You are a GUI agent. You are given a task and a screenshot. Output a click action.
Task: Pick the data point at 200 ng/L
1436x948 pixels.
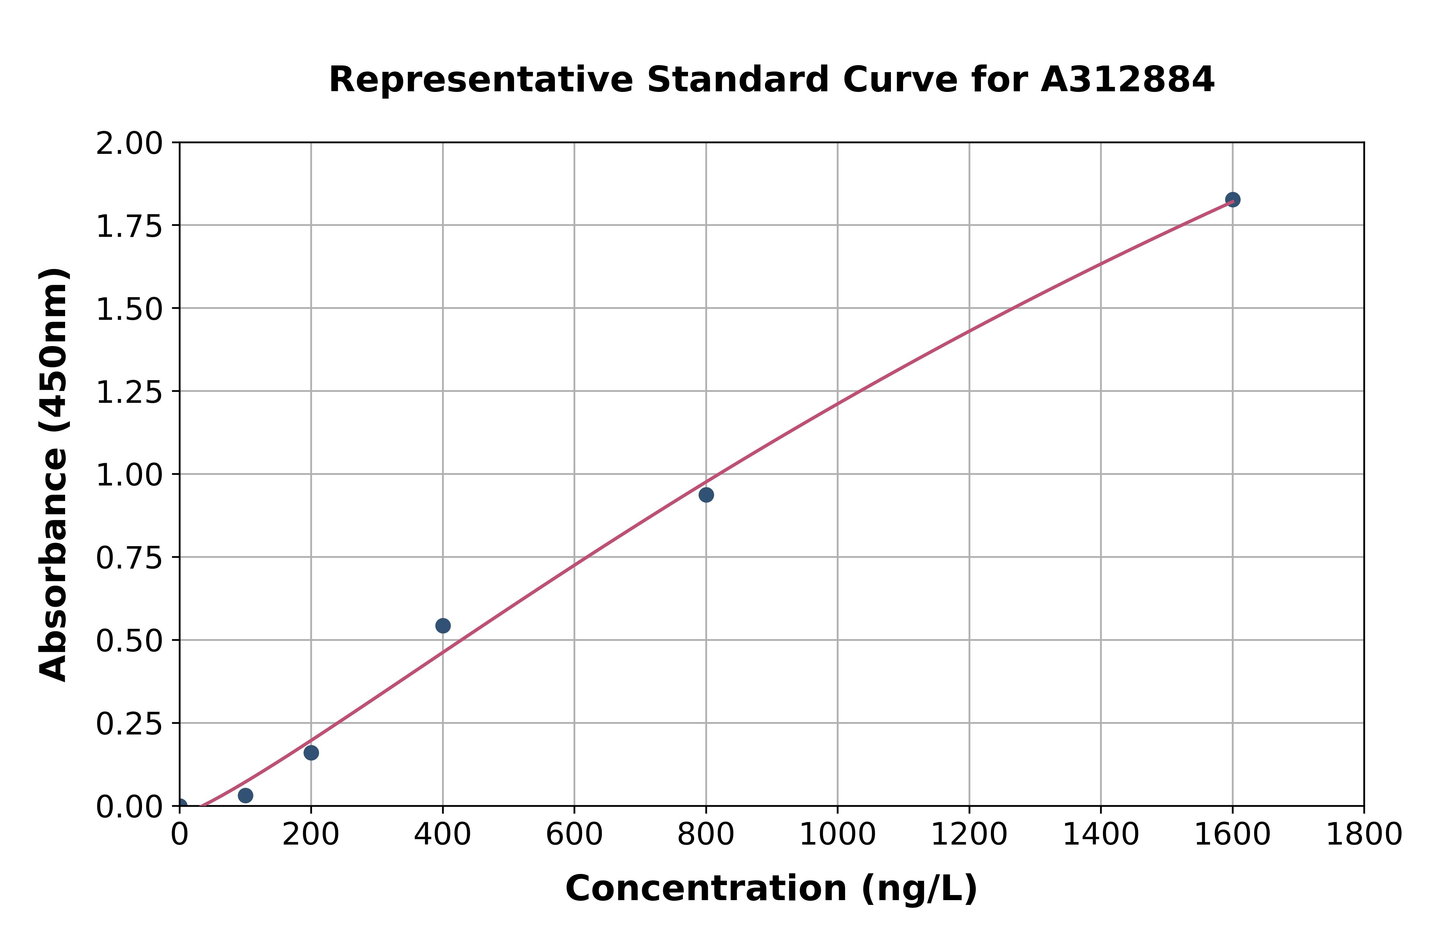pyautogui.click(x=311, y=753)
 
